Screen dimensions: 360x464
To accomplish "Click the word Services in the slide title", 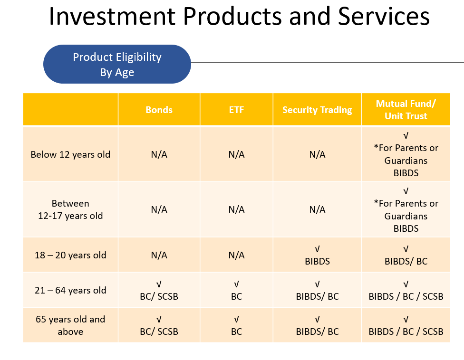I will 384,16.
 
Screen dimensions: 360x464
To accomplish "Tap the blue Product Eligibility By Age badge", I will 117,64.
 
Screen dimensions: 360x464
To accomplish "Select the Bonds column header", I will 159,110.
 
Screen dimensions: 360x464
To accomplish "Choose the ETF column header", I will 236,110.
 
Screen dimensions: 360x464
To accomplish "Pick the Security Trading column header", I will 317,110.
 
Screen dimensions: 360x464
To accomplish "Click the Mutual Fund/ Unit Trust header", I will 406,110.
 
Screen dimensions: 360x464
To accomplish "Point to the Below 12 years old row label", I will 70,154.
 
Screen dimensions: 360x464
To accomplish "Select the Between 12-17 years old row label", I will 70,209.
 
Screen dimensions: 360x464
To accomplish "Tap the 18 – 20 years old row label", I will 70,255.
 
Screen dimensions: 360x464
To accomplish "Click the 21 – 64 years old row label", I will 70,290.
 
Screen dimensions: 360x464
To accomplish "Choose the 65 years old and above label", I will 70,325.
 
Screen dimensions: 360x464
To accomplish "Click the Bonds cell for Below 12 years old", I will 159,154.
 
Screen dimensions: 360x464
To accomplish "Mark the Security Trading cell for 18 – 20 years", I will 317,255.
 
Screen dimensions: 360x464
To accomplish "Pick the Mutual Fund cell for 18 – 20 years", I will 406,255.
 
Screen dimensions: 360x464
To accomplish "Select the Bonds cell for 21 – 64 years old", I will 159,290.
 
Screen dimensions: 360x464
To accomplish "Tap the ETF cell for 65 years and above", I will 236,325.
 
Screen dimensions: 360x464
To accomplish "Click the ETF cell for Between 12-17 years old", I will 236,209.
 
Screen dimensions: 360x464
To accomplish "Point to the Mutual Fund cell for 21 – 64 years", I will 406,290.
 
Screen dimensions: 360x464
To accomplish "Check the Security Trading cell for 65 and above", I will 317,325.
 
